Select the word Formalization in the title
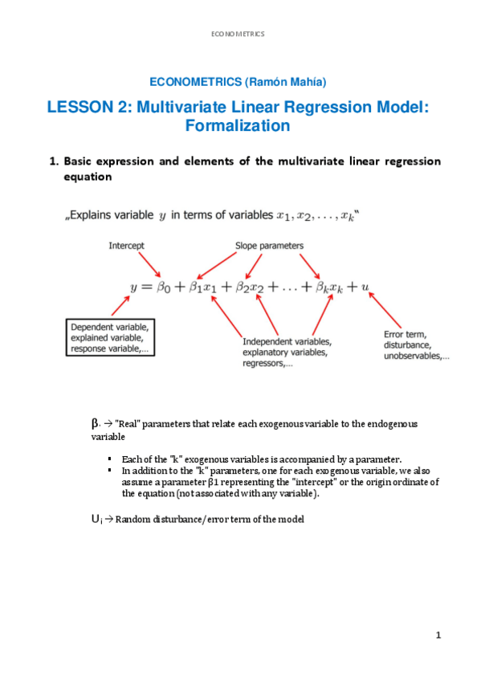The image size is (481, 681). [237, 126]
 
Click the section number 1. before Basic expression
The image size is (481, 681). [55, 161]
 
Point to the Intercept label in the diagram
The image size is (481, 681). [127, 246]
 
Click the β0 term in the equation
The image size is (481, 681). [163, 286]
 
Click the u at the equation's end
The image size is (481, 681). [365, 286]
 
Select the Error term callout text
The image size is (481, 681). [413, 345]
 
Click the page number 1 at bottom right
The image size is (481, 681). [439, 636]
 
